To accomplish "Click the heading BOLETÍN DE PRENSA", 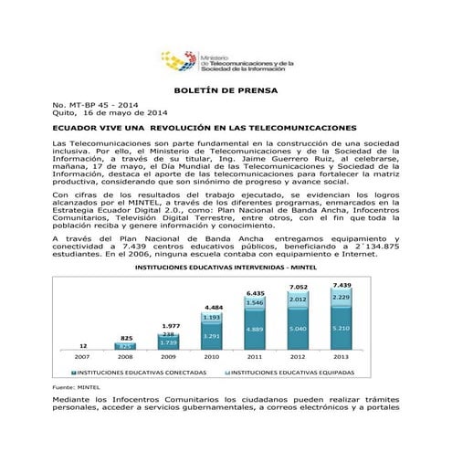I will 226,92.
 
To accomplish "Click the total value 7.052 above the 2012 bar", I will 298,287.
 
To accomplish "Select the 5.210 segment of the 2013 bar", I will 342,328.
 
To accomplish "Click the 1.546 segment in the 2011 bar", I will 255,302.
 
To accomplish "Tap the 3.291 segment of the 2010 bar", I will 212,336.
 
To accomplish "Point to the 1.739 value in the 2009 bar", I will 169,342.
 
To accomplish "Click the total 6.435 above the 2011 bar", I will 255,293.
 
